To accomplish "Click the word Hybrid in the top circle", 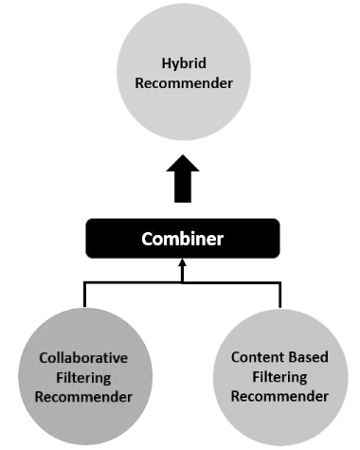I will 183,63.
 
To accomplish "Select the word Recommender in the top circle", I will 183,83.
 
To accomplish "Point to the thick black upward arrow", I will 183,179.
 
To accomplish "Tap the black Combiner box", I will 183,238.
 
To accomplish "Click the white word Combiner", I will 183,238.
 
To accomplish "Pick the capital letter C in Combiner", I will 147,238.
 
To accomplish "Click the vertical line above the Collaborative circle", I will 85,294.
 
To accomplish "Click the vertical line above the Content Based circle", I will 280,294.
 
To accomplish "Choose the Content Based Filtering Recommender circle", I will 280,376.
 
